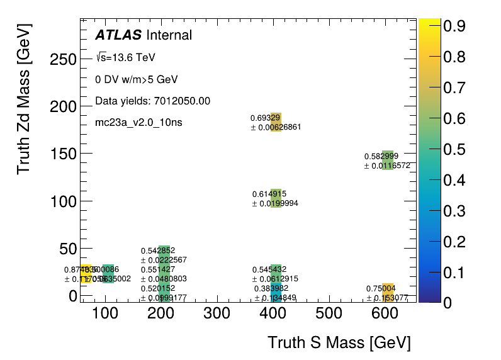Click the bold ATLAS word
tap(118, 35)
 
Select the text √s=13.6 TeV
tap(125, 58)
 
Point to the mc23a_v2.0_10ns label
tap(138, 122)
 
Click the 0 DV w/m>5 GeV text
tap(137, 80)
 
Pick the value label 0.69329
tap(266, 118)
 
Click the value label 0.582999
tap(381, 156)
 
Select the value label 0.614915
tap(269, 194)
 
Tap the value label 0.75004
tap(382, 289)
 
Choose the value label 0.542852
tap(158, 250)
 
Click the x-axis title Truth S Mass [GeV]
tap(339, 343)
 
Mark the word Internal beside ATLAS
tap(169, 35)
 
